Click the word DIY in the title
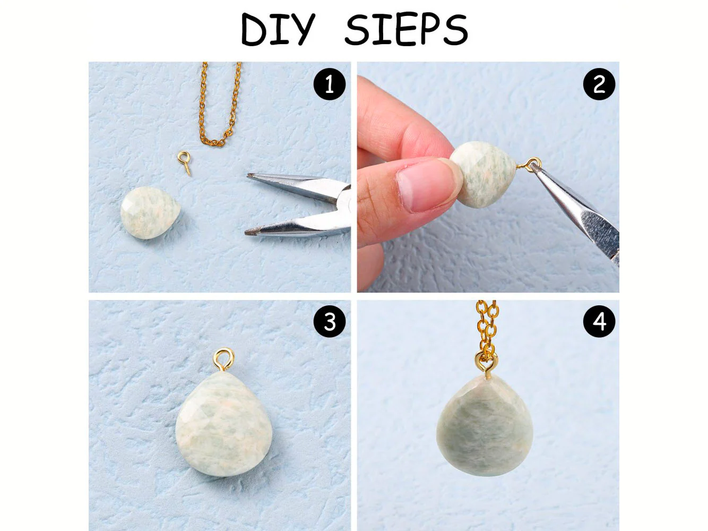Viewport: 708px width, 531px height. (x=278, y=29)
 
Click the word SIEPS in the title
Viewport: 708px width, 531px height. (x=407, y=30)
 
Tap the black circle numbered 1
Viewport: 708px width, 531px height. (x=330, y=84)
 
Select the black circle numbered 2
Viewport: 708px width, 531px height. (x=599, y=84)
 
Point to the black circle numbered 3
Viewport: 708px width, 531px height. (x=330, y=322)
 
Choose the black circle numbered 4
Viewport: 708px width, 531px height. (x=599, y=322)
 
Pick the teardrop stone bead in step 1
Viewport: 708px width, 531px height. (x=150, y=213)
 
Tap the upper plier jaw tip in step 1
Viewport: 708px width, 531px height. (x=249, y=176)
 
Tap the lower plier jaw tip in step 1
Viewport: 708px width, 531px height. (x=247, y=232)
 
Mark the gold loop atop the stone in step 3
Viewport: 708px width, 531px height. (x=223, y=359)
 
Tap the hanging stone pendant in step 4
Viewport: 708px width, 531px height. (x=484, y=425)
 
